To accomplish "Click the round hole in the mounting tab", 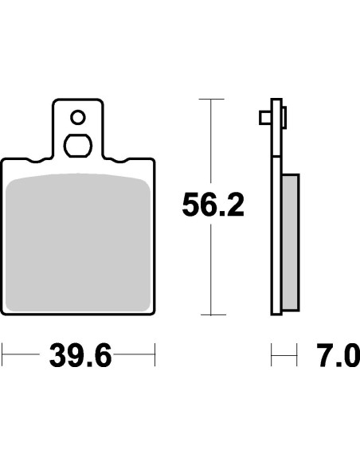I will pos(77,118).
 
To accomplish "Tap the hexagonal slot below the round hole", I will pos(77,147).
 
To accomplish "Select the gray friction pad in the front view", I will pos(78,243).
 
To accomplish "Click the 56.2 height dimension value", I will pos(212,205).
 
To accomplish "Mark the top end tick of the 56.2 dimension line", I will pos(210,99).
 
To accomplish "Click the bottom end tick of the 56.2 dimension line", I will pos(210,315).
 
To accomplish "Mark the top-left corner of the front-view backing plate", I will pos(3,158).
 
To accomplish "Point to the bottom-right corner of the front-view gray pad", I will pos(150,309).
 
